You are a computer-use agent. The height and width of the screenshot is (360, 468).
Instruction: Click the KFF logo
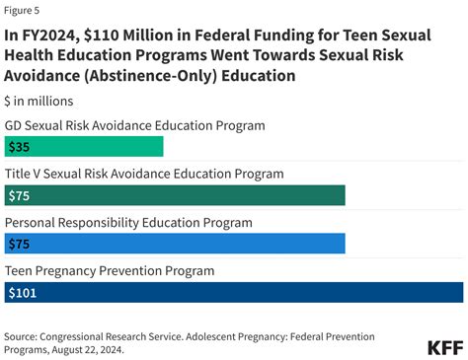pos(444,347)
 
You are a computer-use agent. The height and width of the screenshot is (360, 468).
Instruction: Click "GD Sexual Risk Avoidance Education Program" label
pos(135,125)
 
